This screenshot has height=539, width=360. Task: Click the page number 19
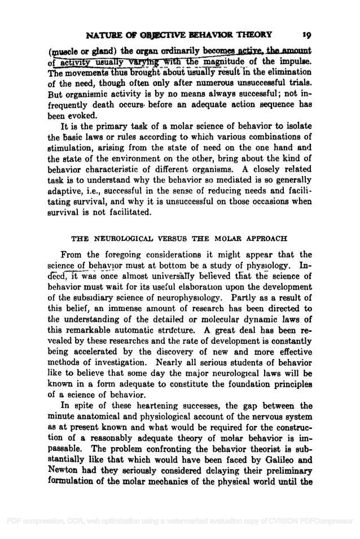304,33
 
